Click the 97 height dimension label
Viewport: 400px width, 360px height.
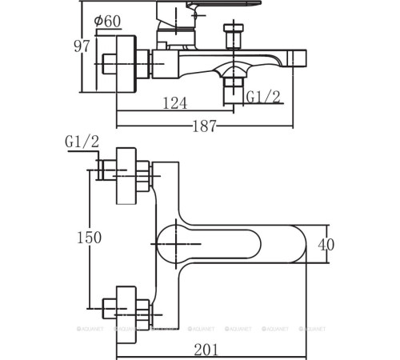pyautogui.click(x=82, y=46)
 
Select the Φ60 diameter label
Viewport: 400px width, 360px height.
pyautogui.click(x=107, y=21)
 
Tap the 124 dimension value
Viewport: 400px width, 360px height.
pyautogui.click(x=175, y=103)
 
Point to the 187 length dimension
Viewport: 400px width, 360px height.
pyautogui.click(x=204, y=126)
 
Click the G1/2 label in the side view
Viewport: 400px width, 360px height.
pyautogui.click(x=263, y=97)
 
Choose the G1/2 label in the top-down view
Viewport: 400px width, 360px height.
pyautogui.click(x=82, y=142)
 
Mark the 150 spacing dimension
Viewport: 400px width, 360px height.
pyautogui.click(x=89, y=238)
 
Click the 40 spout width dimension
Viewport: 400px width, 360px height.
pyautogui.click(x=326, y=245)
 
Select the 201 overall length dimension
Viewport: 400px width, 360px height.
pyautogui.click(x=206, y=350)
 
